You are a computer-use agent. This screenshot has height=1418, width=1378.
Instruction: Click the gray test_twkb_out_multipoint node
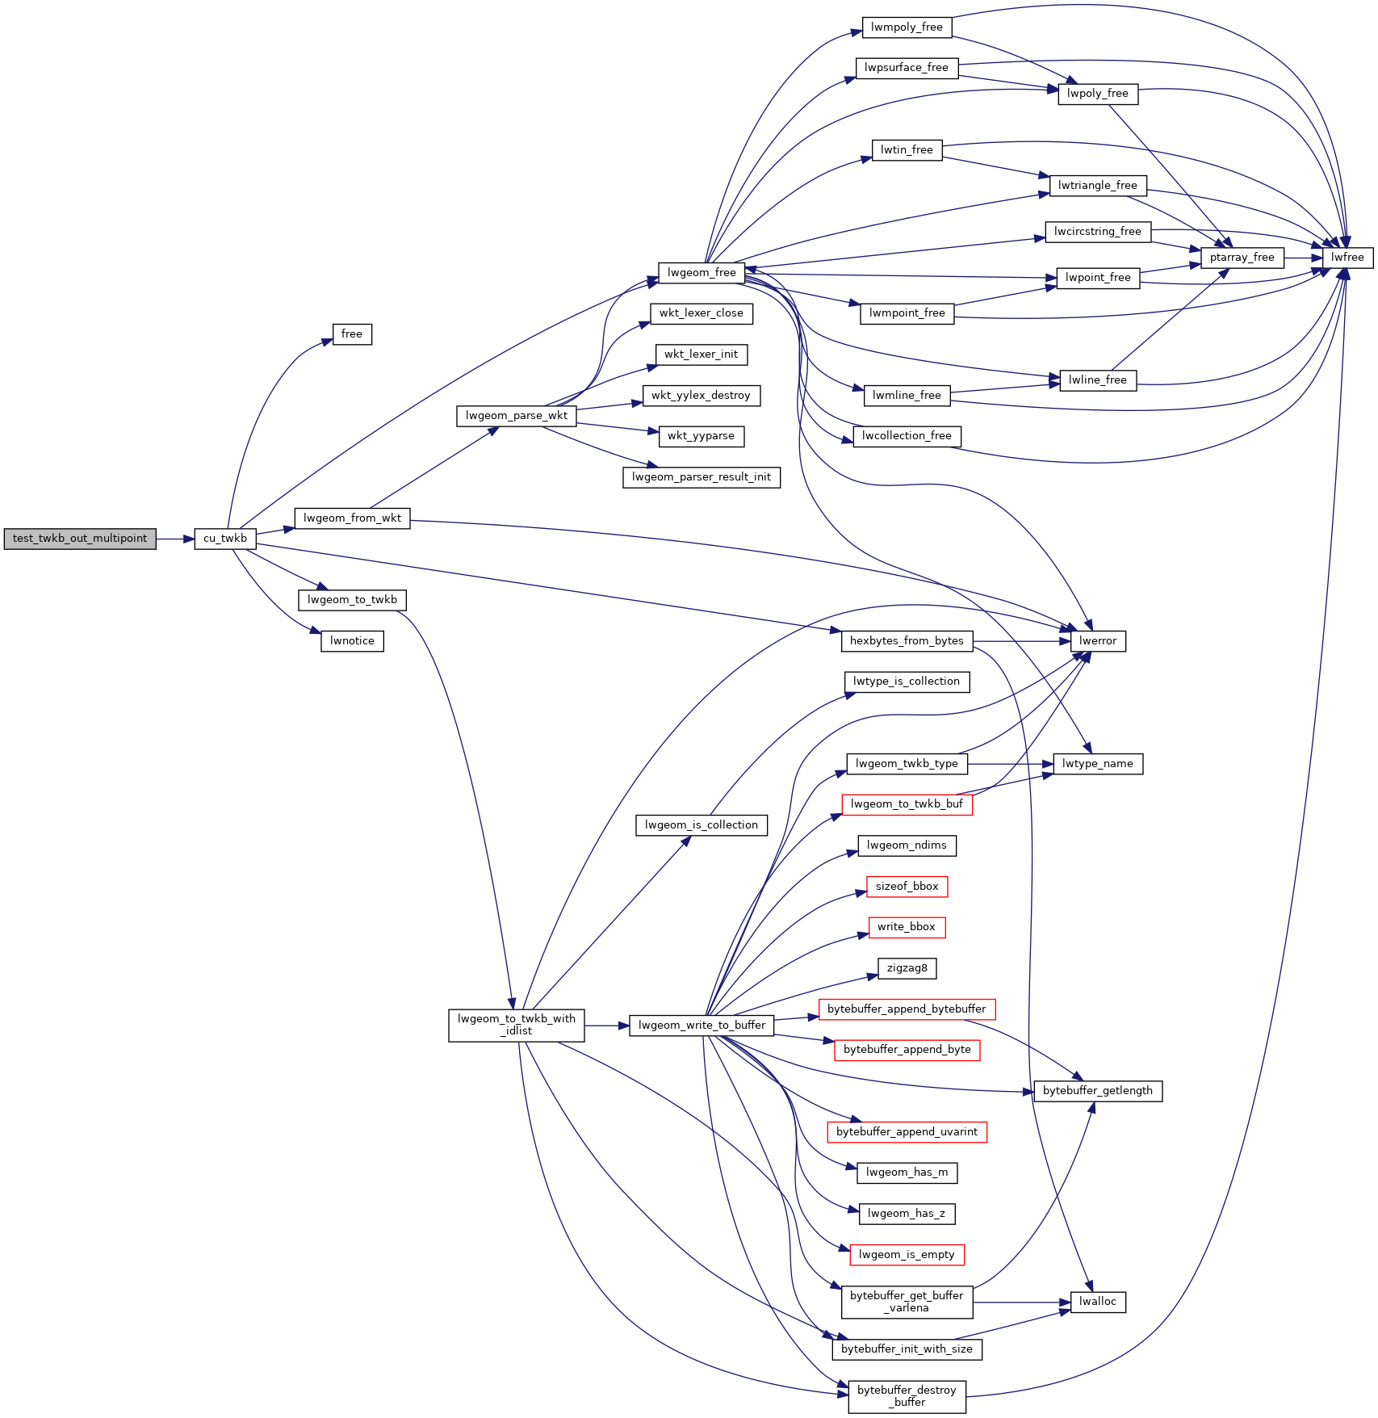(x=80, y=539)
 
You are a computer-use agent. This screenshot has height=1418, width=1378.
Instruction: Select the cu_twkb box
(x=225, y=539)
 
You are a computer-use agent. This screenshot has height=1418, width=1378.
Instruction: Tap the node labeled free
(x=352, y=334)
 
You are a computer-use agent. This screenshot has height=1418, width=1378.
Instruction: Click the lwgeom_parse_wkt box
(x=517, y=416)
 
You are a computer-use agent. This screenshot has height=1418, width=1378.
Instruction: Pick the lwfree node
(x=1347, y=258)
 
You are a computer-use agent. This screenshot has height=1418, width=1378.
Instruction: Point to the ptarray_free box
(x=1242, y=258)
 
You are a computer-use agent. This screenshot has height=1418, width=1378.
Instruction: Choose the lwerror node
(x=1098, y=641)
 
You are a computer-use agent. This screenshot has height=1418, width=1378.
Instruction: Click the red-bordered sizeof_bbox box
(x=907, y=887)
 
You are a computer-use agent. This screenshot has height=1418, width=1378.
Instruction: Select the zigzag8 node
(x=907, y=968)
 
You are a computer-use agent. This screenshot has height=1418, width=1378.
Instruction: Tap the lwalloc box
(x=1098, y=1302)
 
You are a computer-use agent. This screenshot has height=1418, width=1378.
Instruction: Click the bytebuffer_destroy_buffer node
(x=907, y=1396)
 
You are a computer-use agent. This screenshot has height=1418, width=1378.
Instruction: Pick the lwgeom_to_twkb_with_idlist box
(x=517, y=1025)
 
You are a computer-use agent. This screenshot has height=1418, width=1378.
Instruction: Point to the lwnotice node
(x=352, y=641)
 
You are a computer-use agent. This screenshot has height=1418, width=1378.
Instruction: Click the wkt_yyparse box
(x=701, y=436)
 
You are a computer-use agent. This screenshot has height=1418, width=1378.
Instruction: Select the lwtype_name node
(x=1098, y=764)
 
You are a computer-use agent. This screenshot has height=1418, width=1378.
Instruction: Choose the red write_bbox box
(x=907, y=927)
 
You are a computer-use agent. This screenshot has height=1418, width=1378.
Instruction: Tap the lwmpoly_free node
(x=907, y=27)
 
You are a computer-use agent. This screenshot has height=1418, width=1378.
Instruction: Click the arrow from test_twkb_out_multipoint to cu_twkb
(x=175, y=539)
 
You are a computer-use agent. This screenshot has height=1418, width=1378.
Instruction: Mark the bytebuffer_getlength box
(x=1098, y=1091)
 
